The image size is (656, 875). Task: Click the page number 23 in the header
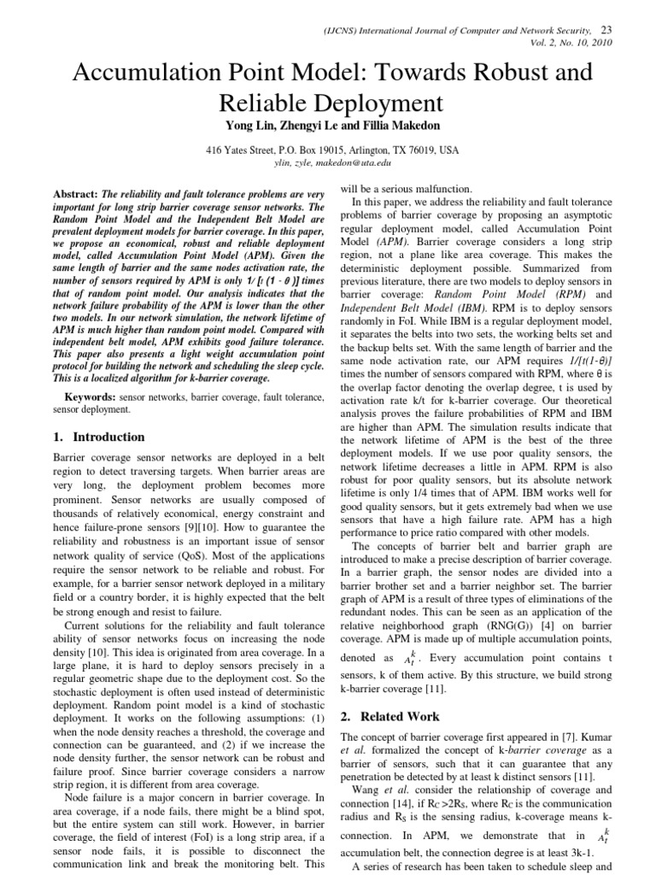[608, 30]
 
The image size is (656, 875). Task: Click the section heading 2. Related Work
[389, 716]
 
